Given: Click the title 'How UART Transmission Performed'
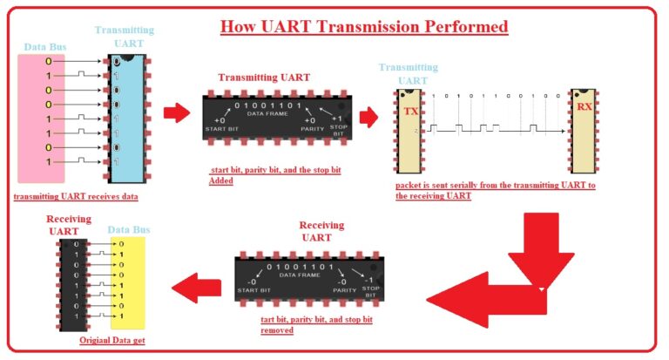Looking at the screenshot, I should pos(363,26).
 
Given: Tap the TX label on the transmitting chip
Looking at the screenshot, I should pos(411,112).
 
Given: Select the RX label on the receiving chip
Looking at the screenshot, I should pos(585,107).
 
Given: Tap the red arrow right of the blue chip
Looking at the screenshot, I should pos(176,112).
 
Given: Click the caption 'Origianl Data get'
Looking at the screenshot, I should pos(112,340).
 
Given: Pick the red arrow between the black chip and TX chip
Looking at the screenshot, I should pos(368,115).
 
